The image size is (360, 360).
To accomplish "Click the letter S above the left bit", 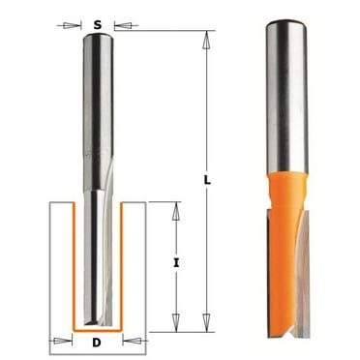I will point(97,22).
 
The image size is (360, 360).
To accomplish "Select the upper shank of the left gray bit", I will point(97,87).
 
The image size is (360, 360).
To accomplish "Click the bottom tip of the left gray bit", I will point(97,321).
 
